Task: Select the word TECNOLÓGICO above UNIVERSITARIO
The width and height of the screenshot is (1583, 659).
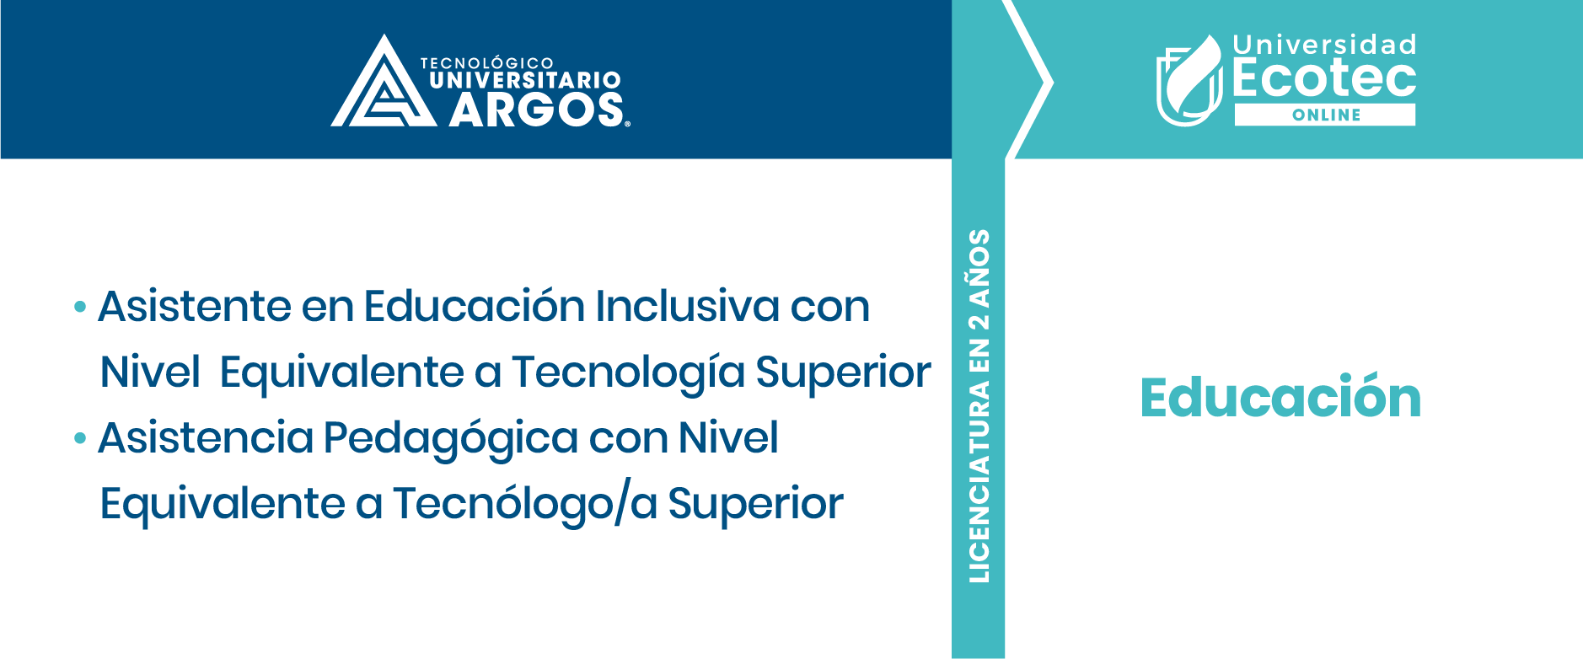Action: pyautogui.click(x=487, y=63)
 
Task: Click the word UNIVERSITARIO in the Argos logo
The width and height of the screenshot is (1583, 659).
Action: pyautogui.click(x=525, y=81)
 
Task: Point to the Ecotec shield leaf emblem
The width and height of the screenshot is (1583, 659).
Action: pyautogui.click(x=1189, y=81)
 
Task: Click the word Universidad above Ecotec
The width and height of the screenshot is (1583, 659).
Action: pyautogui.click(x=1324, y=45)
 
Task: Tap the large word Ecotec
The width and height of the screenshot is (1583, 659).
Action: pyautogui.click(x=1324, y=78)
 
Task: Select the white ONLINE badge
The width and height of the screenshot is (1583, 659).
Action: pyautogui.click(x=1325, y=115)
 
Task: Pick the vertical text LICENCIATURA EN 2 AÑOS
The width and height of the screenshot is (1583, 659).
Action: pyautogui.click(x=979, y=405)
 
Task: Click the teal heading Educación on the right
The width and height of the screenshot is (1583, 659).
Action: pyautogui.click(x=1280, y=397)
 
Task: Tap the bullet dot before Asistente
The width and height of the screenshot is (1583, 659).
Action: pyautogui.click(x=80, y=307)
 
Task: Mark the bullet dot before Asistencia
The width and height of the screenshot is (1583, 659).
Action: pyautogui.click(x=80, y=438)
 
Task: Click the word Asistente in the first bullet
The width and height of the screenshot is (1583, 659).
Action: pyautogui.click(x=195, y=305)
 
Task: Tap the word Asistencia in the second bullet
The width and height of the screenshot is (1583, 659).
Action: pyautogui.click(x=206, y=437)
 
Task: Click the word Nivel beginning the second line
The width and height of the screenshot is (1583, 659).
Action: pyautogui.click(x=150, y=372)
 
